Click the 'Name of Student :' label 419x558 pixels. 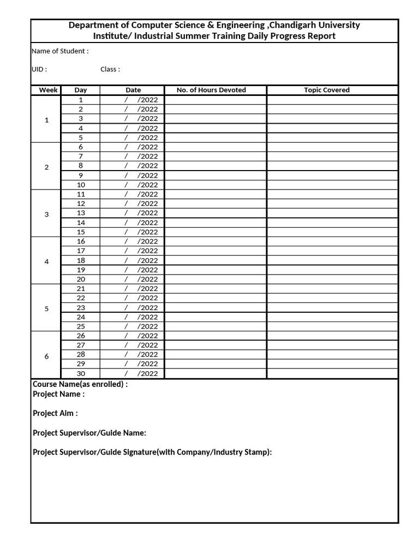point(60,51)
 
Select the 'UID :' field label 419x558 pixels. point(39,69)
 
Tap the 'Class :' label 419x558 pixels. point(110,69)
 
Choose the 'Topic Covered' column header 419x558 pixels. point(327,90)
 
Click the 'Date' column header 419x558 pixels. point(133,90)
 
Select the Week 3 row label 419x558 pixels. point(46,214)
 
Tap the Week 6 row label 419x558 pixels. point(46,356)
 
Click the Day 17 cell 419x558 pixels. point(81,251)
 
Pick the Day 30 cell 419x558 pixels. point(81,373)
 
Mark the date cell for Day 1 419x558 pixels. point(133,100)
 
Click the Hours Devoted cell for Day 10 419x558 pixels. point(215,185)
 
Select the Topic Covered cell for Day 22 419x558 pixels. point(332,298)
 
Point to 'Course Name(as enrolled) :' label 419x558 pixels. point(80,384)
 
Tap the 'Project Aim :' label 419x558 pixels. point(55,413)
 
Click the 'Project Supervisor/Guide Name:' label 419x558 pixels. point(89,433)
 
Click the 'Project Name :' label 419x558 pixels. point(58,394)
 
